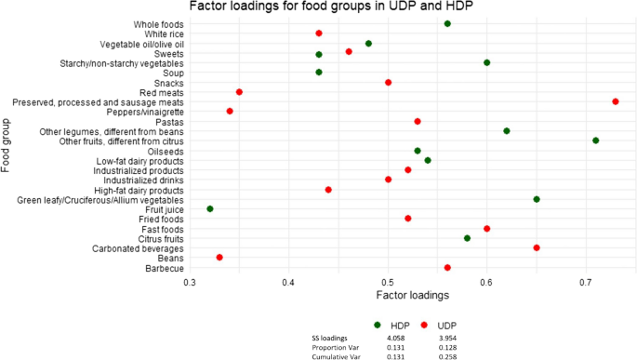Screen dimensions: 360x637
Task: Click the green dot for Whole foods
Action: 447,23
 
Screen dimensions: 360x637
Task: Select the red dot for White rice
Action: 319,33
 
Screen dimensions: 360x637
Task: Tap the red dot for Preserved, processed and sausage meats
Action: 616,101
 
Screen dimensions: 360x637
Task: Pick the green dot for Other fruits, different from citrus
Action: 595,140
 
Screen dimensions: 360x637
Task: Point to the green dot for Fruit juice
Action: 210,209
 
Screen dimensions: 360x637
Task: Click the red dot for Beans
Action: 219,258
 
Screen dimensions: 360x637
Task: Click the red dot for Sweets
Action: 349,52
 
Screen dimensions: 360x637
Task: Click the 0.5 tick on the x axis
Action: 388,282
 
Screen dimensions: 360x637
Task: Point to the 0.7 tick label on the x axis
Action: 586,282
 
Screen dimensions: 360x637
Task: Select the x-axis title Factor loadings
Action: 413,296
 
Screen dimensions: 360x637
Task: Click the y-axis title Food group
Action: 7,144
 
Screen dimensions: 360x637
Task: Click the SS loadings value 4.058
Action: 393,338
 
